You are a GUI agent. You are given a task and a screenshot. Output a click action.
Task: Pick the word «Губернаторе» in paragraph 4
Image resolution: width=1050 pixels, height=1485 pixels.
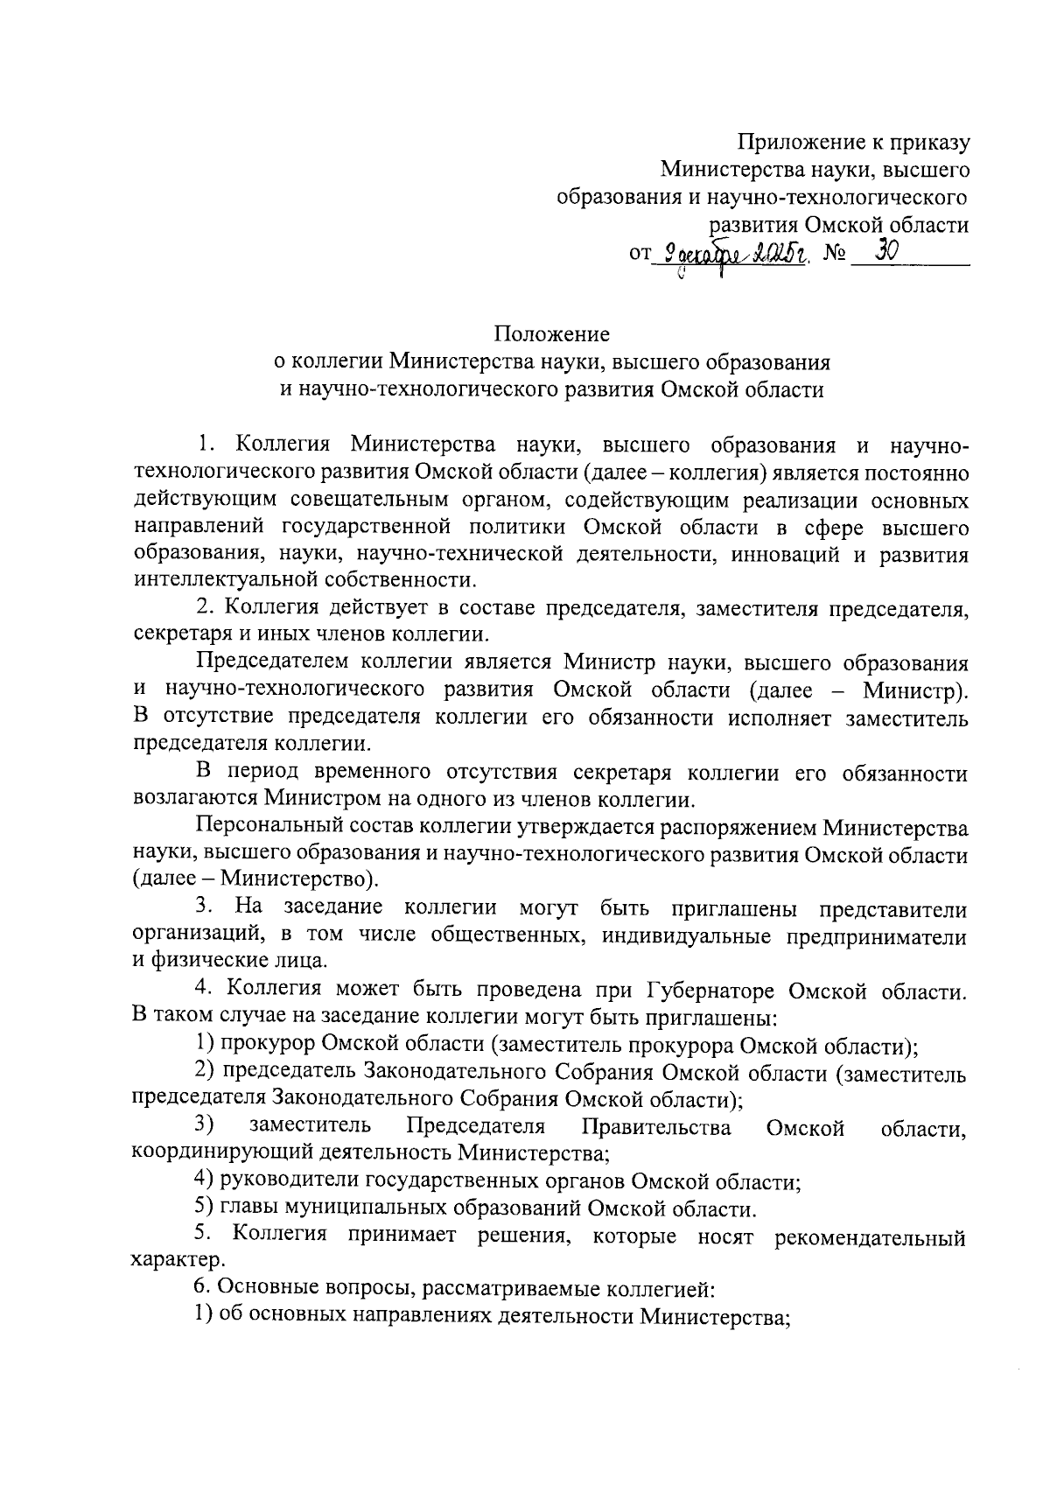(x=710, y=991)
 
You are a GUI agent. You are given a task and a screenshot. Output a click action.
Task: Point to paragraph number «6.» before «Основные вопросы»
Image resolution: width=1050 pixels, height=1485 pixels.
(x=201, y=1287)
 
